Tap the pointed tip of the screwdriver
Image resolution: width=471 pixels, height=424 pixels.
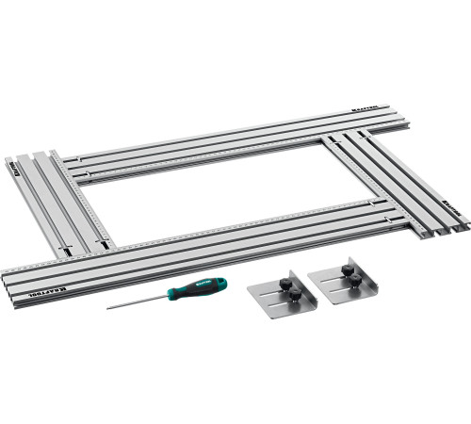[107, 307]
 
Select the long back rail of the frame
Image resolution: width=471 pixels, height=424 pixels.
[235, 141]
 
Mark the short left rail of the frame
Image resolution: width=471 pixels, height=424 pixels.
[57, 203]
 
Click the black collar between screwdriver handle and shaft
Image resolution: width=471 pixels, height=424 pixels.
[173, 293]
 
